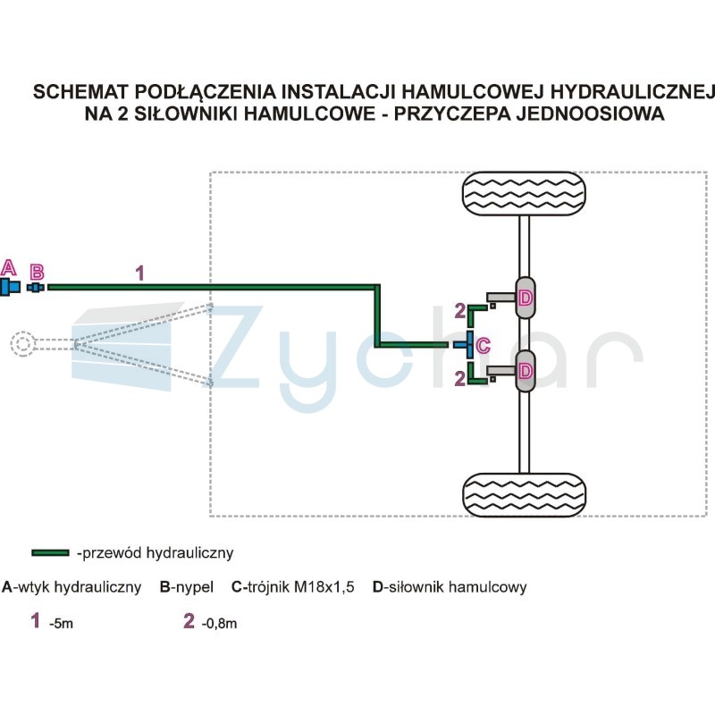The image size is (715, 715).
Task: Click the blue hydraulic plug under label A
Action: (10, 287)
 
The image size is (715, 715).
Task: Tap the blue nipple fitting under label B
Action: (36, 287)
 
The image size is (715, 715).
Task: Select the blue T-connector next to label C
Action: (465, 344)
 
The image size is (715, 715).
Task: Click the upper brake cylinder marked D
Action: (526, 298)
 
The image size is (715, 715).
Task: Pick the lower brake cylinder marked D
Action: (526, 371)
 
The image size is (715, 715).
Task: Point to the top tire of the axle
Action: (524, 194)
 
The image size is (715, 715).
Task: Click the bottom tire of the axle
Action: (524, 495)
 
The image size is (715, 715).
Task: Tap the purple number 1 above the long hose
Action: (139, 273)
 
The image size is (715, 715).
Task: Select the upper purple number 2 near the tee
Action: (460, 311)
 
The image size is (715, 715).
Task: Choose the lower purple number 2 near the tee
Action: (460, 378)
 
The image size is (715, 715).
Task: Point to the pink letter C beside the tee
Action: (483, 345)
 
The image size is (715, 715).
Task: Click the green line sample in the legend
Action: (50, 552)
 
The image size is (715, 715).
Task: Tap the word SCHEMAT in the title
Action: (80, 92)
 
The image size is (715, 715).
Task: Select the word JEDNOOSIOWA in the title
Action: (590, 114)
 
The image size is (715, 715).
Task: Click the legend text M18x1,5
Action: (324, 586)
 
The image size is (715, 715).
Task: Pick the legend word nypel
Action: (194, 587)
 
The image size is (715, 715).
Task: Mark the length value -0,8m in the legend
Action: (219, 623)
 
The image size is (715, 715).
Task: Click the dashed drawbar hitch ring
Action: (23, 344)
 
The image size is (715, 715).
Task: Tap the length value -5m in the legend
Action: (61, 623)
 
